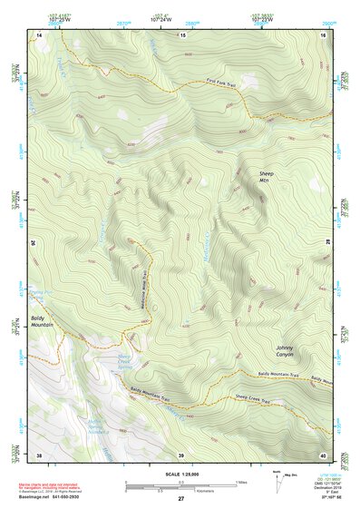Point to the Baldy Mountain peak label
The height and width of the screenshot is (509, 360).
pyautogui.click(x=42, y=320)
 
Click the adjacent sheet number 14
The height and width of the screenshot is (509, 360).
pyautogui.click(x=39, y=34)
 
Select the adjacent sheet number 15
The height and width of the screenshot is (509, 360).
pyautogui.click(x=182, y=34)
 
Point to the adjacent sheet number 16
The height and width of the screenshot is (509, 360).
pyautogui.click(x=322, y=34)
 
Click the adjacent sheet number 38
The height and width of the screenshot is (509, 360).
pyautogui.click(x=39, y=454)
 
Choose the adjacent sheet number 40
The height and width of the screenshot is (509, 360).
pyautogui.click(x=322, y=454)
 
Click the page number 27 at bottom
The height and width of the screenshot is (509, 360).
pyautogui.click(x=180, y=498)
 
